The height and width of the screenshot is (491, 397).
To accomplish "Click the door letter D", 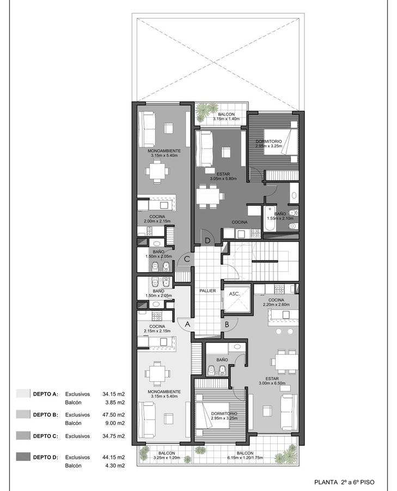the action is (x=208, y=241).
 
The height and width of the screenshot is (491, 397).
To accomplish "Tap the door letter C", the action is (x=187, y=259).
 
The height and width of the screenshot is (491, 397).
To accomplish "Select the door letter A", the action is (x=187, y=325).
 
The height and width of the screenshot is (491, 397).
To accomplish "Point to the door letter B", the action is (x=227, y=325).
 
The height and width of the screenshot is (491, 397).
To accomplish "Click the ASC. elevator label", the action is (x=235, y=294).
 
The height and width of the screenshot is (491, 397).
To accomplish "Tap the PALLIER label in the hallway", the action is (x=208, y=291).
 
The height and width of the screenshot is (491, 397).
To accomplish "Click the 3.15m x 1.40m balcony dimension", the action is (x=227, y=119).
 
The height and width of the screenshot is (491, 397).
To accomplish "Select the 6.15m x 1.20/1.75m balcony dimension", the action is (x=245, y=458).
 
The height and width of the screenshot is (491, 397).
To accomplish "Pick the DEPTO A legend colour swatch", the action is (x=23, y=393).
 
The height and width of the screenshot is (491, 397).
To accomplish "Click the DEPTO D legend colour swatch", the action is (x=23, y=457).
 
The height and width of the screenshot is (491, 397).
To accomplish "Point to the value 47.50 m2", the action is (x=113, y=415).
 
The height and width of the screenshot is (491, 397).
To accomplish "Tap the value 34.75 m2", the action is (x=113, y=436).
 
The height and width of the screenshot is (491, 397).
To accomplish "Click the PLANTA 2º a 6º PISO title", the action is (x=344, y=482).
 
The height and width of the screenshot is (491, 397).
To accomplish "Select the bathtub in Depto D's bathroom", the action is (x=269, y=218).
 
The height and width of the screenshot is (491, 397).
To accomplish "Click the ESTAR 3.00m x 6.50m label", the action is (x=272, y=381).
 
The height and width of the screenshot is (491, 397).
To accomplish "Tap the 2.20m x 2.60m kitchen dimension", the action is (x=276, y=304).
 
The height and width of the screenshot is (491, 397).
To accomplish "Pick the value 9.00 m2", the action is (x=115, y=423).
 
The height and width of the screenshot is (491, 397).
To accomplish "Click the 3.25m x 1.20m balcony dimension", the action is (x=167, y=458).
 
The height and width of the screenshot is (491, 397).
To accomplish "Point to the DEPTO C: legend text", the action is (x=46, y=436).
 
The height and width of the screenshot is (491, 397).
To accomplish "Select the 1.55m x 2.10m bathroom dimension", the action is (x=280, y=218).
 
